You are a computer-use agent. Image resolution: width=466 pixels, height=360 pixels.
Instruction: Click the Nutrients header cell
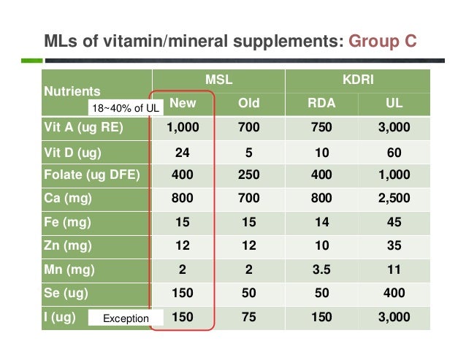tap(72, 92)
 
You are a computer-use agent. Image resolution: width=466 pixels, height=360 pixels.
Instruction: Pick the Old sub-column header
tap(249, 103)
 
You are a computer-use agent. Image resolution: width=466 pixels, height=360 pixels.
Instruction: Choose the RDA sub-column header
tap(321, 103)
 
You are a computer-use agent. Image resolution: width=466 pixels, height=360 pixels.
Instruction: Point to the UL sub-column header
tap(393, 103)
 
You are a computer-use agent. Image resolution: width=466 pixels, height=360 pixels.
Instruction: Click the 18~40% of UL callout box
tap(123, 109)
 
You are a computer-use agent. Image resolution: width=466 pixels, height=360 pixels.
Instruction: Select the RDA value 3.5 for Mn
tap(321, 270)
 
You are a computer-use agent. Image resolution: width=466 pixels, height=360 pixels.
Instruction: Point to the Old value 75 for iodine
tap(249, 318)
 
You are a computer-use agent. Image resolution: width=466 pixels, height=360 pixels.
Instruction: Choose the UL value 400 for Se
tap(393, 294)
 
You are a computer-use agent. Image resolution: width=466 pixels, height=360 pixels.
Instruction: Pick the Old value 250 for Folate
tap(249, 175)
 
